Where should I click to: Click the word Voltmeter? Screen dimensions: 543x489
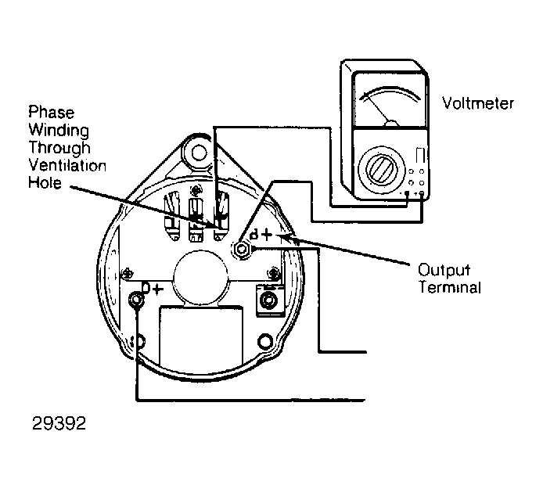click(478, 103)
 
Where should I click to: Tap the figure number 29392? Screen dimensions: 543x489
click(59, 423)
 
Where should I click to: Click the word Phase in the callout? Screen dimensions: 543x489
click(52, 113)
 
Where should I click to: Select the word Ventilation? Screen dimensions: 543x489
click(67, 166)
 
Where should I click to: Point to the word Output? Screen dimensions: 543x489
click(444, 271)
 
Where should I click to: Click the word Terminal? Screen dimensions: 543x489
click(449, 287)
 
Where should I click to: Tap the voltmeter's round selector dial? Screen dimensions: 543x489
click(381, 169)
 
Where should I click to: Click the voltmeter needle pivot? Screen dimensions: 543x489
click(392, 124)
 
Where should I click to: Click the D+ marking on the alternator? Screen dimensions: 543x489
click(153, 288)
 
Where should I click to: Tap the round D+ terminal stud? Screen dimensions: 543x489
click(136, 300)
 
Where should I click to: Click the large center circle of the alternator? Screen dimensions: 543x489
click(201, 278)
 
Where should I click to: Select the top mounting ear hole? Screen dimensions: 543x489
click(199, 153)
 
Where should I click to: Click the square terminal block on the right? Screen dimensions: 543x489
click(270, 300)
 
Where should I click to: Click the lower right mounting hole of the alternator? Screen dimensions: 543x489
click(265, 342)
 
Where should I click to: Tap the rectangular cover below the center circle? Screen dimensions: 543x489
click(201, 336)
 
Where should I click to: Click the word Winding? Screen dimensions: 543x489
click(59, 130)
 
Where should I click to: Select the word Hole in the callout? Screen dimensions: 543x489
click(45, 183)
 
